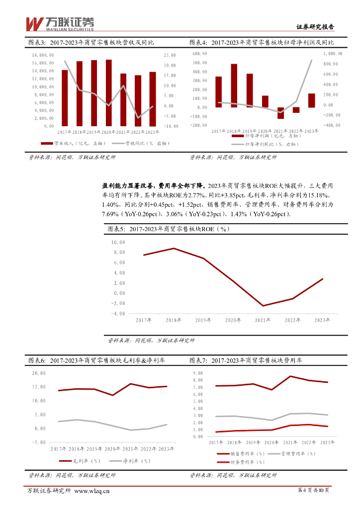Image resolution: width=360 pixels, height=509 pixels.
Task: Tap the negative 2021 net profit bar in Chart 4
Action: (280, 113)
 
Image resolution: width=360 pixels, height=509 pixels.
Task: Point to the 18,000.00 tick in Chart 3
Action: (43, 55)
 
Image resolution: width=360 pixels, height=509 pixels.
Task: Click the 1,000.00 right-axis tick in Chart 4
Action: (333, 53)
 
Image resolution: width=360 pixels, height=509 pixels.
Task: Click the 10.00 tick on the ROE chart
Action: (118, 242)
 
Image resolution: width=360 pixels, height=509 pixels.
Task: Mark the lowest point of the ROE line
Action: (263, 306)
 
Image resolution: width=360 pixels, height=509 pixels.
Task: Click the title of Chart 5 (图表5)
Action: (169, 229)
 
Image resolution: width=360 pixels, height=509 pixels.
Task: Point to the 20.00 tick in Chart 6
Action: (38, 373)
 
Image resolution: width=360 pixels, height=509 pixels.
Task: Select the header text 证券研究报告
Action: (315, 27)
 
